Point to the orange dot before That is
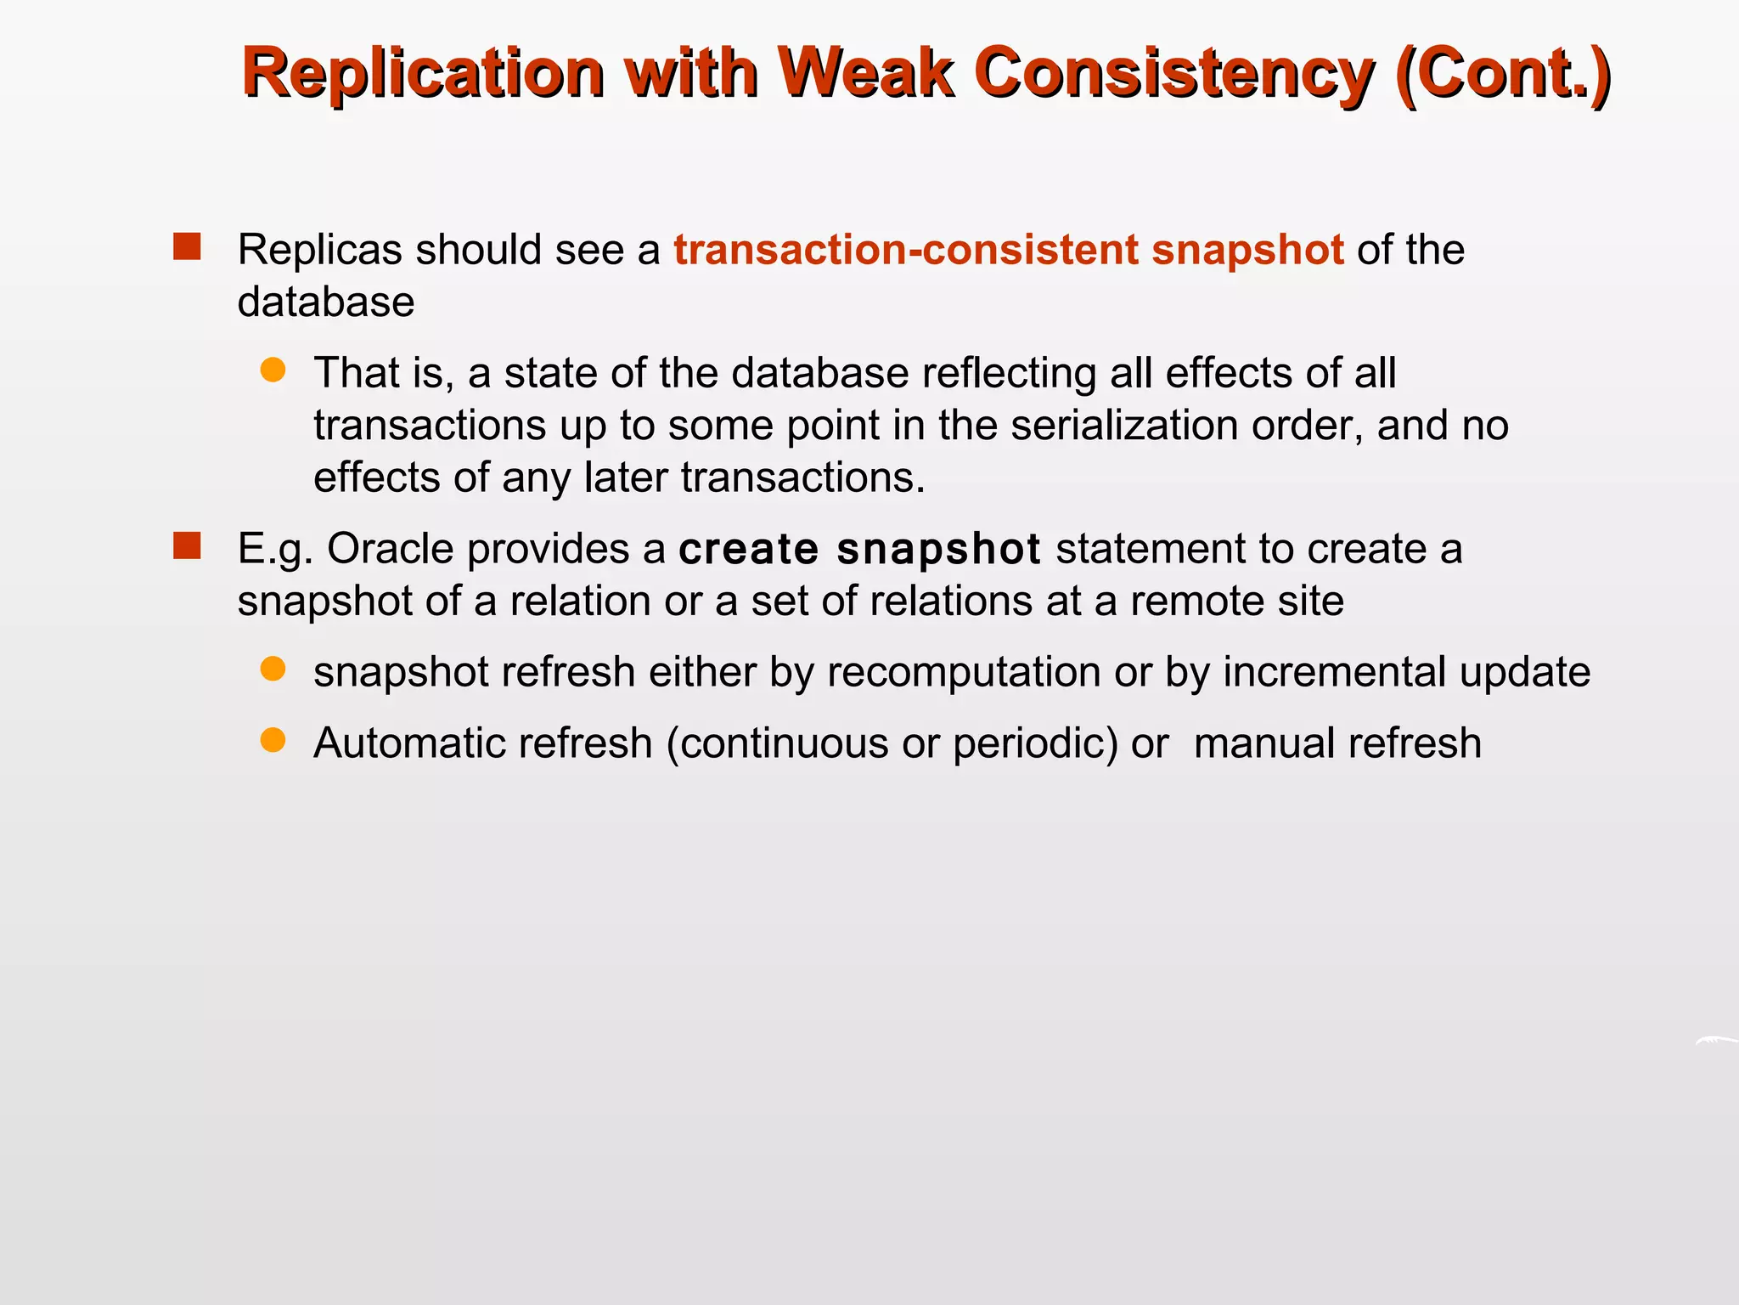(x=273, y=370)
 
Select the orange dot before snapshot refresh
(x=273, y=669)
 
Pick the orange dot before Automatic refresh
(x=273, y=740)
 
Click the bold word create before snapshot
(x=748, y=549)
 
